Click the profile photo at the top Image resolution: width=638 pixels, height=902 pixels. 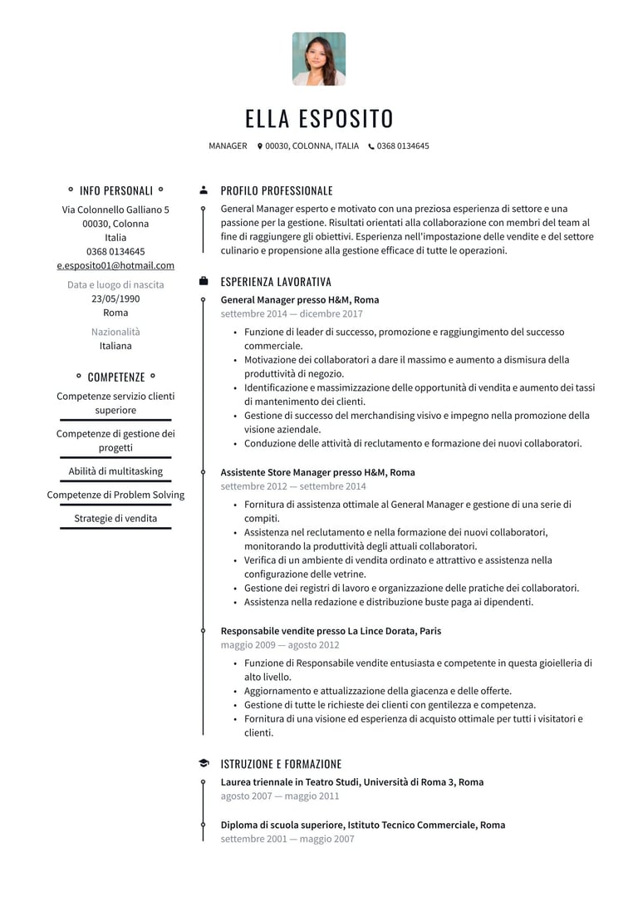[x=319, y=59]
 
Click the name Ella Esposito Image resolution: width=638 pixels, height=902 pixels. [x=319, y=119]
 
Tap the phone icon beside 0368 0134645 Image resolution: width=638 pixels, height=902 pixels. [x=371, y=146]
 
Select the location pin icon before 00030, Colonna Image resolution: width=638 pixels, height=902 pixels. [x=260, y=146]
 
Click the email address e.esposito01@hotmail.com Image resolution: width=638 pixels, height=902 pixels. [x=115, y=266]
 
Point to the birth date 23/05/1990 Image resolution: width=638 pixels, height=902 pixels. [x=115, y=299]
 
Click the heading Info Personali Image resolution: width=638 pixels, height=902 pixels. [x=115, y=190]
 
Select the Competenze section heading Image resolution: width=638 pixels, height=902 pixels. [x=115, y=377]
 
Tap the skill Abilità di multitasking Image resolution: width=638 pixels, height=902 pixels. [x=115, y=471]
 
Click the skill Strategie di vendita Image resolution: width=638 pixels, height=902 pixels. [x=115, y=519]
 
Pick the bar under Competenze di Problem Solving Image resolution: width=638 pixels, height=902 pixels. [x=115, y=505]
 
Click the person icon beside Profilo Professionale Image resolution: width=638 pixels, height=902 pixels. [x=204, y=190]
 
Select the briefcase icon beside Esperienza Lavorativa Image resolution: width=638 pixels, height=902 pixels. [x=204, y=282]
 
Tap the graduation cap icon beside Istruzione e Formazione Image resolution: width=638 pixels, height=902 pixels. [x=204, y=764]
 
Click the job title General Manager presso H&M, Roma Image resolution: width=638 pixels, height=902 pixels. [x=300, y=300]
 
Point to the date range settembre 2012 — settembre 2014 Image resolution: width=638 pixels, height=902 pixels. [x=293, y=486]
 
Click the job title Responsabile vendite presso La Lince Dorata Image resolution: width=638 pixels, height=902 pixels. [x=331, y=631]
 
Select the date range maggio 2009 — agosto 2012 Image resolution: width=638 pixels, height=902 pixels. [x=280, y=645]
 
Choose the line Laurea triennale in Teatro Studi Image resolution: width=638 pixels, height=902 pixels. [x=351, y=782]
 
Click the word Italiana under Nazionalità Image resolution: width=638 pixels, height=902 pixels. [x=115, y=346]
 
